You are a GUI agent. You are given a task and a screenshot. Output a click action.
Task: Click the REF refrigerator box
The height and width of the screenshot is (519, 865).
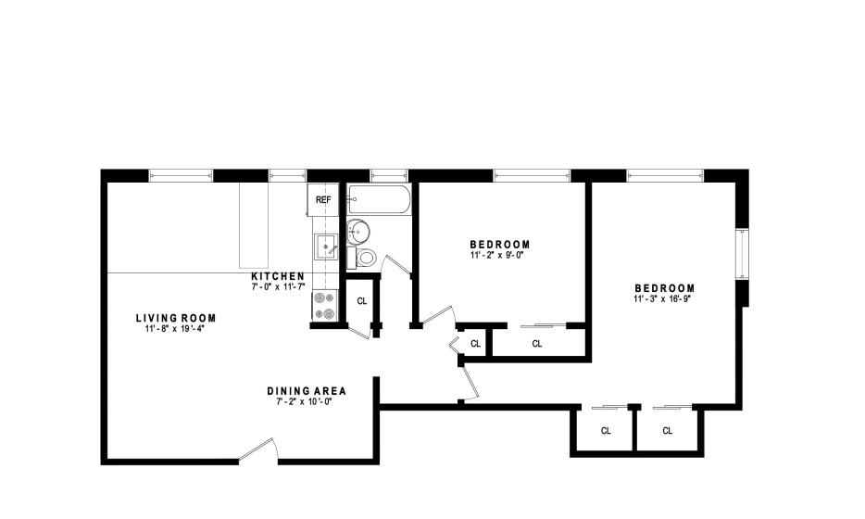pyautogui.click(x=323, y=200)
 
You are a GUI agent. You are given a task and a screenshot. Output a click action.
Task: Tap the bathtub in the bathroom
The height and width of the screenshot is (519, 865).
pyautogui.click(x=379, y=199)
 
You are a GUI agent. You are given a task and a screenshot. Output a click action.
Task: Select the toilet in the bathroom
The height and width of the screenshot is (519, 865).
pyautogui.click(x=362, y=258)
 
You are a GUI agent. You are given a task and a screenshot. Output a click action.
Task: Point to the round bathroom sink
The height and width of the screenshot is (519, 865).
pyautogui.click(x=358, y=231)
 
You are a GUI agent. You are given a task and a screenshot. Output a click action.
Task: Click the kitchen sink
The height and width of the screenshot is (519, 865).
pyautogui.click(x=326, y=247)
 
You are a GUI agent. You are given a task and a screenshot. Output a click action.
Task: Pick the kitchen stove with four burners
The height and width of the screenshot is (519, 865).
pyautogui.click(x=325, y=305)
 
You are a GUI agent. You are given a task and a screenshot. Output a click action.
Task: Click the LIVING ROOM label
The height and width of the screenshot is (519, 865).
pyautogui.click(x=176, y=318)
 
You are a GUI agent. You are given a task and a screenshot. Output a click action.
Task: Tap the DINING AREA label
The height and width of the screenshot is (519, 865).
pyautogui.click(x=307, y=391)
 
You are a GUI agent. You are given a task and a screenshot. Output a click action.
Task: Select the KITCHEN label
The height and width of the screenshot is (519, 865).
pyautogui.click(x=278, y=276)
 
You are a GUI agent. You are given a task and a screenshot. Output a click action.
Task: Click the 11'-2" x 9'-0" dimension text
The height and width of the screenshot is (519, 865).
pyautogui.click(x=496, y=256)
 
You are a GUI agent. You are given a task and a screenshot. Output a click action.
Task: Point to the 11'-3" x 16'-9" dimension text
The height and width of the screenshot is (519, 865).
pyautogui.click(x=662, y=299)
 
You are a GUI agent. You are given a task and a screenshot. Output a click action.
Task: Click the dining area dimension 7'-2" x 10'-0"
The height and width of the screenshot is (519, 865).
pyautogui.click(x=304, y=402)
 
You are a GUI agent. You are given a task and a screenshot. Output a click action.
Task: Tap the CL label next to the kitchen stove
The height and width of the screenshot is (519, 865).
pyautogui.click(x=362, y=301)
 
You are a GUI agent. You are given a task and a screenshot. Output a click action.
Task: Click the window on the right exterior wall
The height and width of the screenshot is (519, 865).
pyautogui.click(x=743, y=255)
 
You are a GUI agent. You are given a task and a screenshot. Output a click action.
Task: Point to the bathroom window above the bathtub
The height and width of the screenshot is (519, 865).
pyautogui.click(x=389, y=175)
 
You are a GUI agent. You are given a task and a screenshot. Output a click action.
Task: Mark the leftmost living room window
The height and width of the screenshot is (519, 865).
pyautogui.click(x=181, y=175)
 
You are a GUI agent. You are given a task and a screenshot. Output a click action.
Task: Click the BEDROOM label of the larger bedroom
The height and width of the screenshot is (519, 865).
pyautogui.click(x=665, y=288)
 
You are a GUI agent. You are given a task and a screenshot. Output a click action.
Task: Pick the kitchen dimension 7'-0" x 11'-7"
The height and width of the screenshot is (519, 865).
pyautogui.click(x=279, y=287)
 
